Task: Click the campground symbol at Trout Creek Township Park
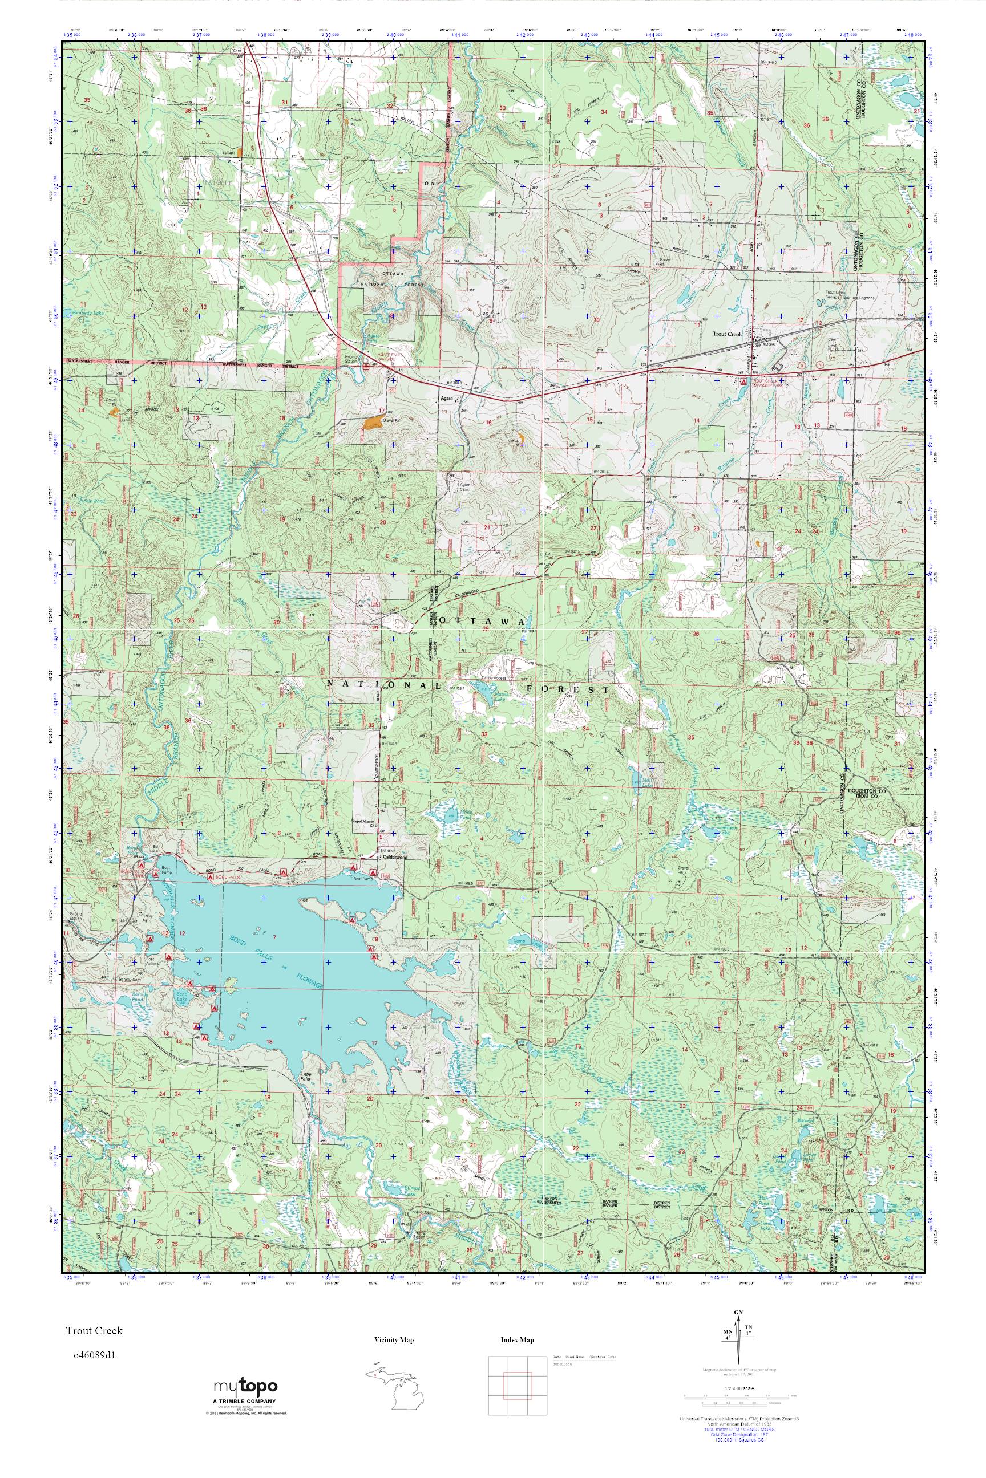point(744,381)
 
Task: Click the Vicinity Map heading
point(393,1341)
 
